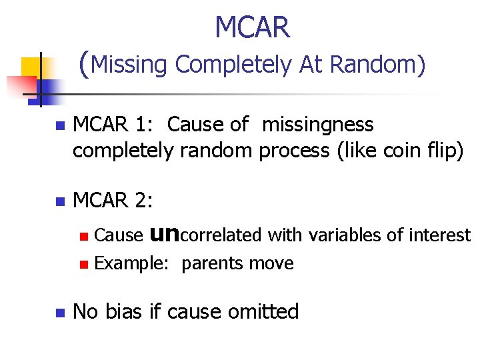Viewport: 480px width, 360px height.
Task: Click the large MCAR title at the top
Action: point(252,28)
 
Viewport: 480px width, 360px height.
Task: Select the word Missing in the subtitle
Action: point(130,65)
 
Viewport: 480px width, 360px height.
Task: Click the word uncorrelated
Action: point(207,235)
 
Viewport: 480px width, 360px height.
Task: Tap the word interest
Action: point(444,235)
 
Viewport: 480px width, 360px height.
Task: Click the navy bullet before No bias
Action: point(59,311)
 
